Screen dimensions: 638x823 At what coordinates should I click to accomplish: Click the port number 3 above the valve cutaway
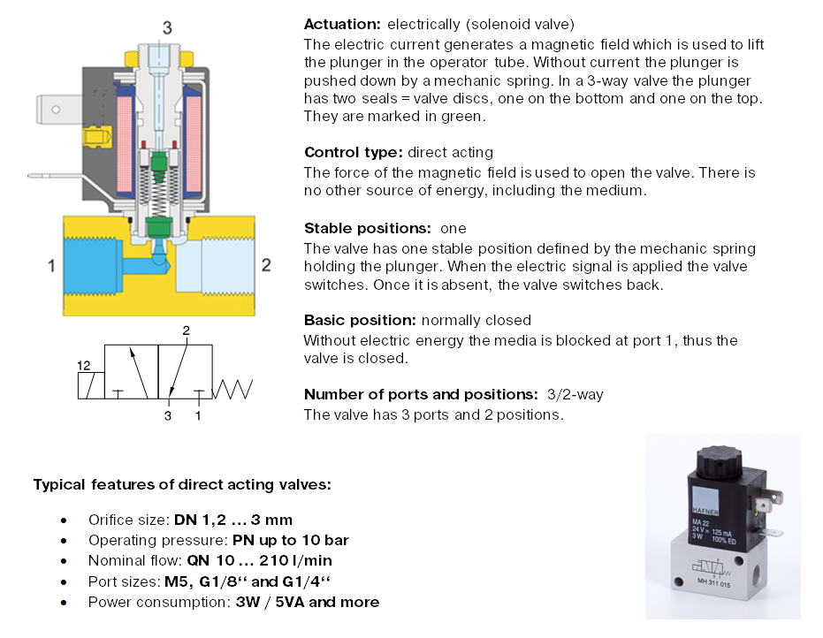click(166, 27)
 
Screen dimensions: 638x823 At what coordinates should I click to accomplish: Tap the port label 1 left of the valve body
click(51, 263)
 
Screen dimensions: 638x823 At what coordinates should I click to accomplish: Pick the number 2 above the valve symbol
click(187, 330)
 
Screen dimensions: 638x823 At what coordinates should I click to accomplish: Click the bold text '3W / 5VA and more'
click(307, 602)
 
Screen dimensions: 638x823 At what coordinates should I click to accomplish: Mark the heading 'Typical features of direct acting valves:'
click(182, 484)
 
